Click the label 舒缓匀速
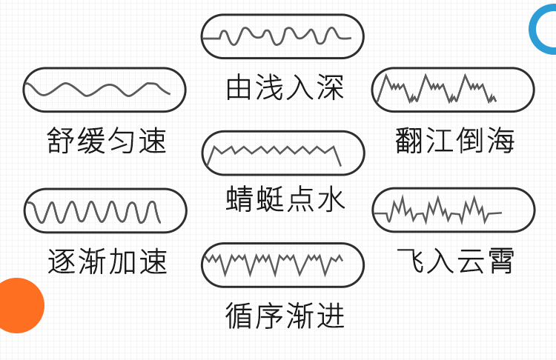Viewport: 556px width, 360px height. pyautogui.click(x=107, y=140)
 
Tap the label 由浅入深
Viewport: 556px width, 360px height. pyautogui.click(x=285, y=89)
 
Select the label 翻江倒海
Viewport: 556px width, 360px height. pyautogui.click(x=454, y=140)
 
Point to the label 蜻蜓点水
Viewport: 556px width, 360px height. pyautogui.click(x=285, y=199)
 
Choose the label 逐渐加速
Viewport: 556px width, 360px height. pyautogui.click(x=107, y=261)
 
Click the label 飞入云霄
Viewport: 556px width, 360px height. pyautogui.click(x=454, y=261)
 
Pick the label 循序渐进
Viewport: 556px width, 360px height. pyautogui.click(x=285, y=316)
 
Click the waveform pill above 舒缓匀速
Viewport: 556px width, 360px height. pyautogui.click(x=105, y=90)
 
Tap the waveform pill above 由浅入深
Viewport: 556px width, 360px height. pyautogui.click(x=282, y=36)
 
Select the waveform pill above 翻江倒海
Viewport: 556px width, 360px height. pyautogui.click(x=453, y=90)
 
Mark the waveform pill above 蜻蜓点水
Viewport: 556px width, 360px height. pyautogui.click(x=283, y=153)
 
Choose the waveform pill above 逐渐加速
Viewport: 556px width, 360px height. pyautogui.click(x=105, y=211)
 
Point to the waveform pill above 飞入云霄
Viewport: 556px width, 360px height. pyautogui.click(x=453, y=210)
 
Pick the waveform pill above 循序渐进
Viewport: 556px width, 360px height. pyautogui.click(x=282, y=264)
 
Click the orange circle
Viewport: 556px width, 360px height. pyautogui.click(x=18, y=305)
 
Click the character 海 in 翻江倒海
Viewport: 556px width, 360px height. pyautogui.click(x=500, y=140)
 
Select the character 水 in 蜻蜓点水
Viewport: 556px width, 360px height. pyautogui.click(x=331, y=199)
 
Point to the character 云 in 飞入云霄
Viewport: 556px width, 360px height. pyautogui.click(x=469, y=261)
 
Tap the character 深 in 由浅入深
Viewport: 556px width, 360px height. pyautogui.click(x=331, y=89)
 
